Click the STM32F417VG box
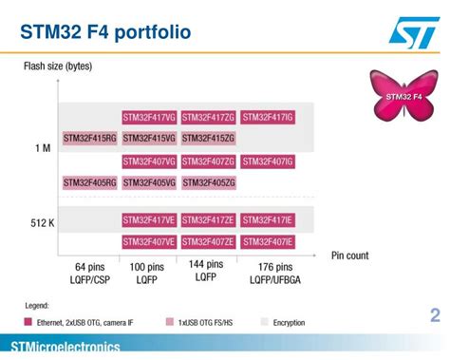(149, 117)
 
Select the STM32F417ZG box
(208, 117)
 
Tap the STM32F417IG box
(268, 117)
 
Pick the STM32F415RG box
(90, 139)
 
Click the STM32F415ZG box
(208, 139)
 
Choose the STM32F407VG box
(149, 161)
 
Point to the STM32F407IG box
(268, 161)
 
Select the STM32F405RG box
(90, 182)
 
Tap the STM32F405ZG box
(208, 182)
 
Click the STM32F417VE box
(149, 219)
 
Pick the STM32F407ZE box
(208, 241)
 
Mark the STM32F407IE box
(268, 241)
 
